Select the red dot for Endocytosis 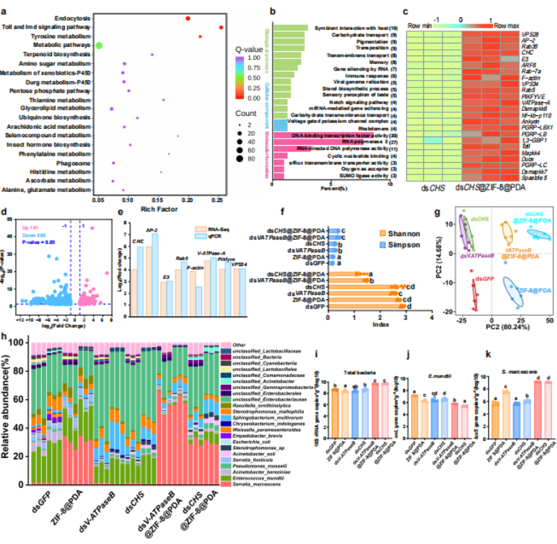click(188, 18)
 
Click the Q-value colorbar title click(249, 50)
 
